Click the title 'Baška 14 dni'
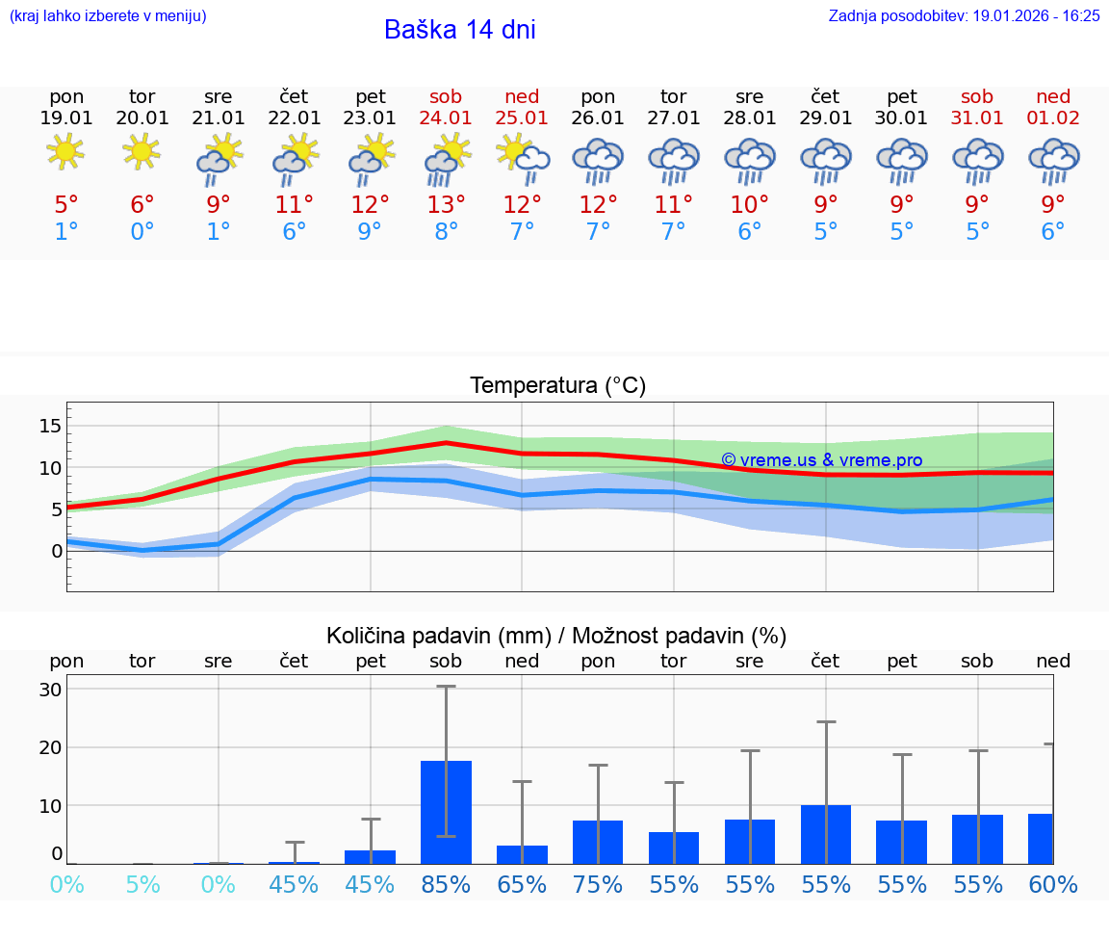(459, 30)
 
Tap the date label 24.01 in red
(446, 118)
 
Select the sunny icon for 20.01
(142, 151)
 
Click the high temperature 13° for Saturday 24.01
(446, 205)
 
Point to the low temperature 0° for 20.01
(142, 232)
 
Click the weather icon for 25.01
(522, 157)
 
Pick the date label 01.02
(1053, 118)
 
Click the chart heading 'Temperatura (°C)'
(557, 386)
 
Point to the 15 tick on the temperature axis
(50, 426)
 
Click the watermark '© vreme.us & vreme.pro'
(821, 460)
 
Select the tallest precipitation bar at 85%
(446, 812)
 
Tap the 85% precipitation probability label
(446, 885)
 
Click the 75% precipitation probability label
(598, 885)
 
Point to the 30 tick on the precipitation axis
(50, 690)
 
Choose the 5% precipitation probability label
(142, 885)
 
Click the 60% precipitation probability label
(1053, 885)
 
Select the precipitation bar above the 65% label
(522, 854)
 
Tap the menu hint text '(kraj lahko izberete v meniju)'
(108, 16)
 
